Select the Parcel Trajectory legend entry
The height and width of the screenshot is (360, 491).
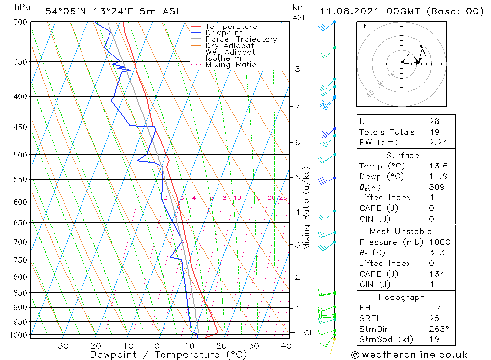(x=241, y=39)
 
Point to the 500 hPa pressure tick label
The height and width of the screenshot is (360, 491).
(x=20, y=155)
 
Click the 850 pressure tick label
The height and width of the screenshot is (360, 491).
(x=20, y=293)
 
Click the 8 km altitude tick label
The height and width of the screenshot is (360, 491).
(x=297, y=69)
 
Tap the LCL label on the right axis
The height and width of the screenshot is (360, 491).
(x=306, y=333)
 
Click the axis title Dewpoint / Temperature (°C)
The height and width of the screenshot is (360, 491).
(x=168, y=355)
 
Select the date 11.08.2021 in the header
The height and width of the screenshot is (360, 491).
(x=354, y=11)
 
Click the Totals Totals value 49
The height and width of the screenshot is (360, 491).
(x=434, y=132)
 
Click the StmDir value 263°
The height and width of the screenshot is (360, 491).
(x=437, y=329)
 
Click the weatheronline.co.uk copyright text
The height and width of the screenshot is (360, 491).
(x=409, y=355)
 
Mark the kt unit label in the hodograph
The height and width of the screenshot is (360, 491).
(x=363, y=26)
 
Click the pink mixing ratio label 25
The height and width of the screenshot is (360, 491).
(x=283, y=198)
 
